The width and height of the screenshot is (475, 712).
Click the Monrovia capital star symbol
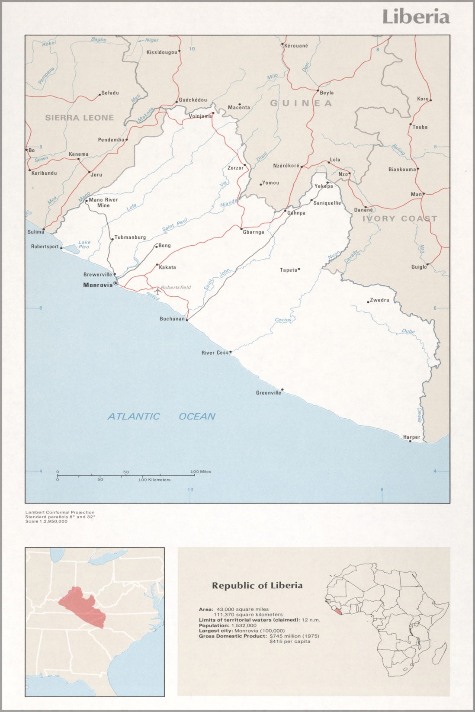coord(116,283)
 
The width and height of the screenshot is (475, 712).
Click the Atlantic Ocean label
coord(161,416)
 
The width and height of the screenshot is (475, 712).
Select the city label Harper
coord(411,437)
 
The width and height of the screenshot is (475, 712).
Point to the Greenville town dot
coord(282,389)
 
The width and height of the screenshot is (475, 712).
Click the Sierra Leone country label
coord(80,118)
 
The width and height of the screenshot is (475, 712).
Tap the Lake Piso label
coord(84,244)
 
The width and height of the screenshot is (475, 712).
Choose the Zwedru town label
coord(379,300)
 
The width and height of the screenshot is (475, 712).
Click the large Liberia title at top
coord(416,17)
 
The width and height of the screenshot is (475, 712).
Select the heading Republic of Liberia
coord(257,586)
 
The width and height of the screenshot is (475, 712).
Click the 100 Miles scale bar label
coord(201,471)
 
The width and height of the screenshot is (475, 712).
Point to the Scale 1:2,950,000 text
coord(46,521)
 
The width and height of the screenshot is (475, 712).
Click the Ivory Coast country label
coord(400,218)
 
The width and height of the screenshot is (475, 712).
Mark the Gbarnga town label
coord(254,232)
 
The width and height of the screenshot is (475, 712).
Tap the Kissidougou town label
coord(162,52)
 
